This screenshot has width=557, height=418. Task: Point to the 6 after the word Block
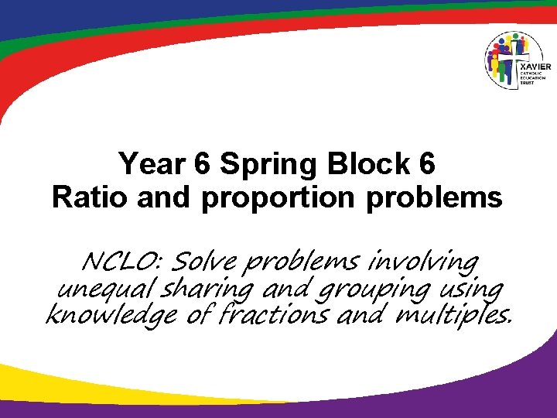coord(428,164)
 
